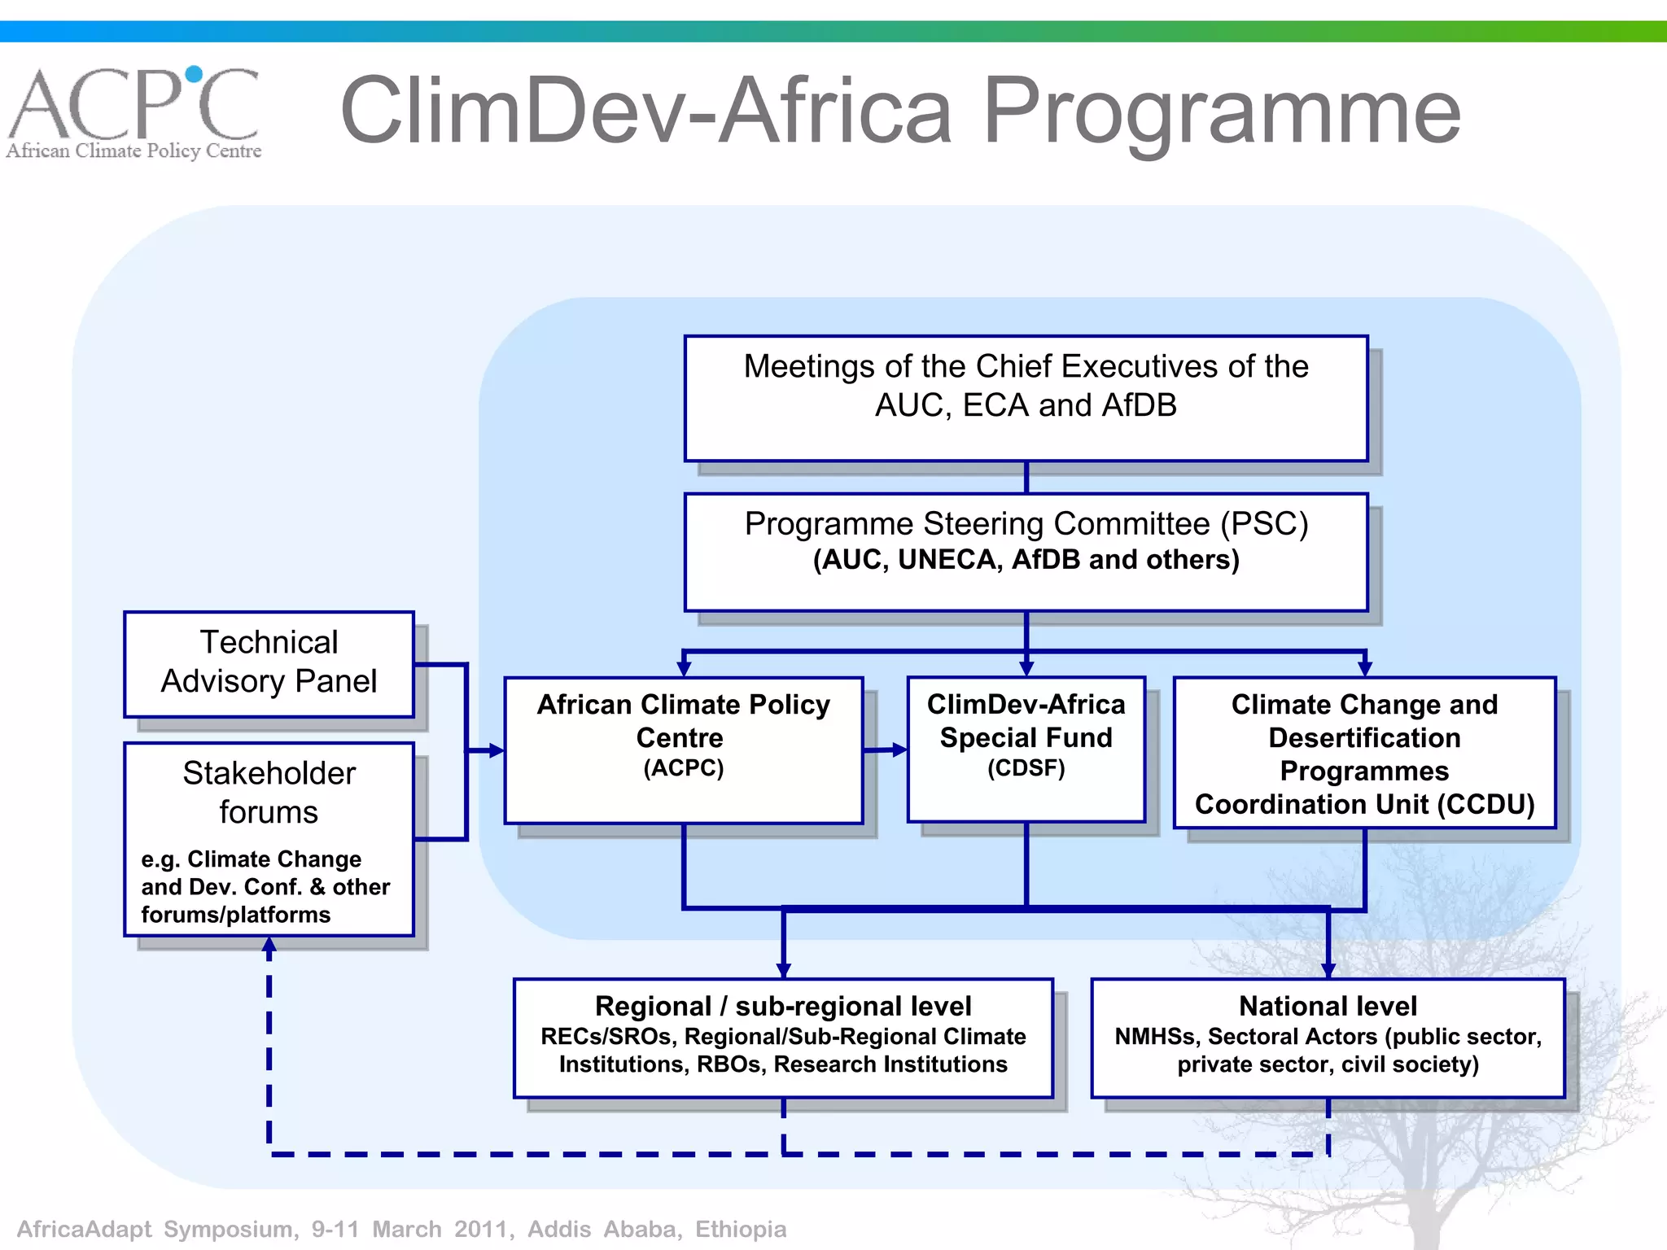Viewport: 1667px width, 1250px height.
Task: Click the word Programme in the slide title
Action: (x=1221, y=112)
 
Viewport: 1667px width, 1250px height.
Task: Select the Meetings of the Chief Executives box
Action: (x=1026, y=399)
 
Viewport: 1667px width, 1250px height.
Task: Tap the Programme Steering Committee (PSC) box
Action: (x=1026, y=552)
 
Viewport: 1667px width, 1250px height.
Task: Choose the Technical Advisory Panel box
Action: (x=269, y=664)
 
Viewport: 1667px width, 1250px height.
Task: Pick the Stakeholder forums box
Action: (x=269, y=838)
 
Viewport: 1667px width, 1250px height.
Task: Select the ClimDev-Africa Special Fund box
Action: (x=1026, y=749)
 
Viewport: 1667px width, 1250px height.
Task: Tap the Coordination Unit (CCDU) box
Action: (x=1364, y=753)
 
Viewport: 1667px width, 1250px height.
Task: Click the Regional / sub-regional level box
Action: (x=783, y=1038)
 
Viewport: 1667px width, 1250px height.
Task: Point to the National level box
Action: (x=1328, y=1038)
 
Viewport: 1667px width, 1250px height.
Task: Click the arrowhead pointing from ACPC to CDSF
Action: (x=899, y=750)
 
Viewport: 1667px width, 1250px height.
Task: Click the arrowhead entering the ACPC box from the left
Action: (x=497, y=750)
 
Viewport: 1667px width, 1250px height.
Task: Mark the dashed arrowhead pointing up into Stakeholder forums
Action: (x=269, y=945)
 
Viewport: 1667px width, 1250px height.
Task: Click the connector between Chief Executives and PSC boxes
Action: (x=1026, y=477)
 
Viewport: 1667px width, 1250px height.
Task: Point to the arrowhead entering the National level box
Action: (x=1328, y=971)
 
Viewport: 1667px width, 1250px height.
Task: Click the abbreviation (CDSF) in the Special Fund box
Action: (x=1026, y=768)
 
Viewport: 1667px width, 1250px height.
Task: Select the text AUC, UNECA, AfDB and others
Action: (x=1026, y=560)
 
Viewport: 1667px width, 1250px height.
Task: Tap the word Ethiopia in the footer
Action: (x=741, y=1229)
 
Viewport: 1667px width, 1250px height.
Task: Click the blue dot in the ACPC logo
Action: (x=194, y=75)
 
